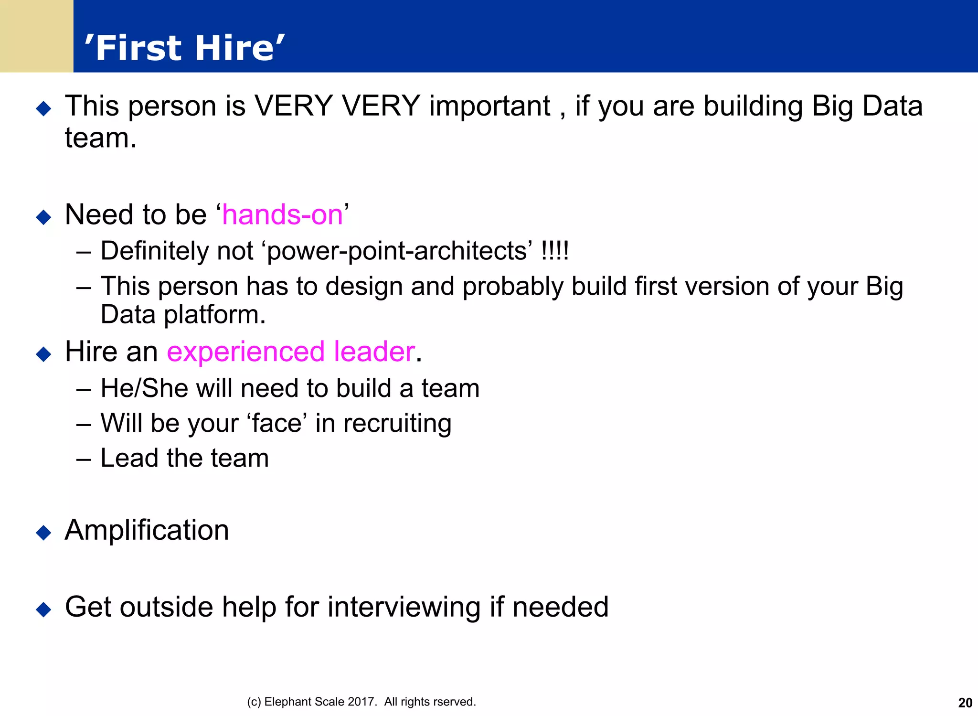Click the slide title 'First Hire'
(184, 48)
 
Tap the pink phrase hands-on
(282, 214)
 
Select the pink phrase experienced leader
(291, 352)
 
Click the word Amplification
(147, 530)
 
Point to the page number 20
(965, 703)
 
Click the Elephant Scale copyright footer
(361, 702)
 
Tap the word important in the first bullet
(489, 106)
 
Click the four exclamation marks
(554, 251)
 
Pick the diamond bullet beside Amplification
(43, 532)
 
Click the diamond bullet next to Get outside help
(43, 609)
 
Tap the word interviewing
(404, 607)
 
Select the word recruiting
(397, 424)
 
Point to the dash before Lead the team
(84, 459)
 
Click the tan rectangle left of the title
(36, 36)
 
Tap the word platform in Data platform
(214, 315)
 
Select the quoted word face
(277, 424)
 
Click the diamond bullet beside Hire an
(43, 354)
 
